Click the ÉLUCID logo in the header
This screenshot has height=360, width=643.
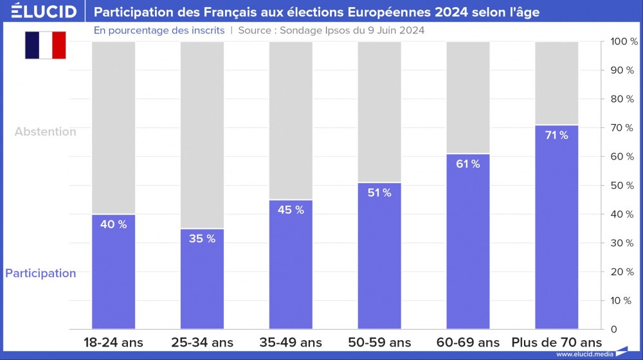(x=44, y=12)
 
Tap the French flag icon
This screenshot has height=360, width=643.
(x=46, y=45)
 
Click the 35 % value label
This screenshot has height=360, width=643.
(x=202, y=239)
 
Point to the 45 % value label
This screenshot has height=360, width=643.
(x=291, y=210)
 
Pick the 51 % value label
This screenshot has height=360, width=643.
(x=379, y=193)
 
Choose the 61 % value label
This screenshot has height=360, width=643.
(x=467, y=164)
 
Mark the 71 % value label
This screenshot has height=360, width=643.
(x=556, y=135)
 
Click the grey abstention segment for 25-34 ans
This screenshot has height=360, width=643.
(x=202, y=135)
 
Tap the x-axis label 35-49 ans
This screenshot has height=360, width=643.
(x=291, y=342)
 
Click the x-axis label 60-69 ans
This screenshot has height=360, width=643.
(x=467, y=342)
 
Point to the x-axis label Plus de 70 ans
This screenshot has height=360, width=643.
(x=556, y=342)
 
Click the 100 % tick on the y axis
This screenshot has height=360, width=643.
(x=623, y=42)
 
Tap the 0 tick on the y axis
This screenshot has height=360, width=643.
(x=613, y=329)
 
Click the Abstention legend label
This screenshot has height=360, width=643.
(x=45, y=132)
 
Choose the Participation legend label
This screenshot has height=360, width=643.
(x=41, y=273)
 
